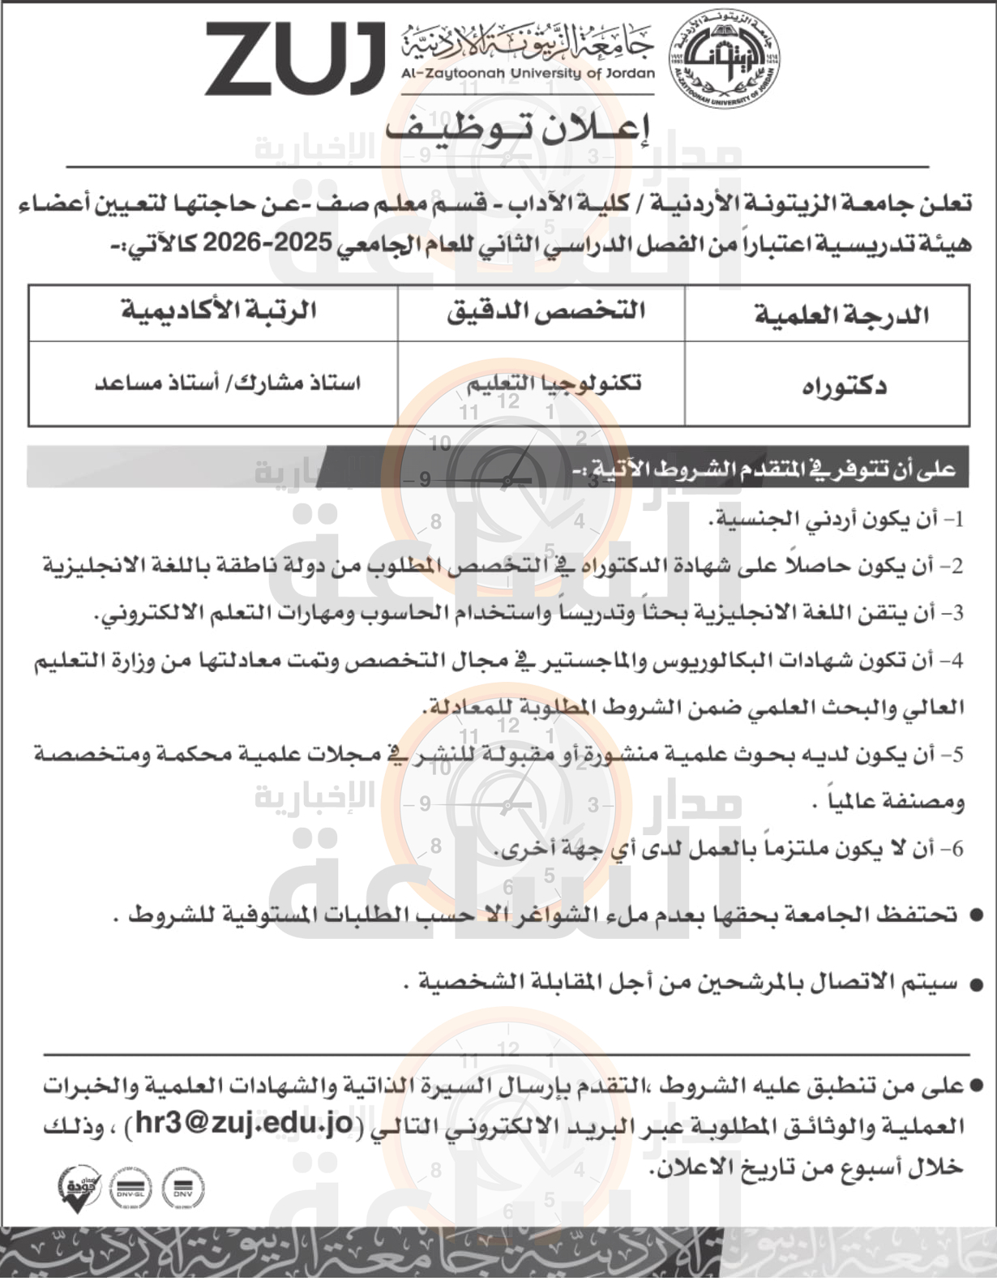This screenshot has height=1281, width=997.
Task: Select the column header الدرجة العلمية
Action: tap(841, 314)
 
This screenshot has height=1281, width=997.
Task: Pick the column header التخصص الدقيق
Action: tap(546, 312)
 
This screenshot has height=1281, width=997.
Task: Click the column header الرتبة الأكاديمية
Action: tap(218, 311)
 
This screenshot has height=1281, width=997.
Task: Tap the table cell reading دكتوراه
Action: tap(844, 386)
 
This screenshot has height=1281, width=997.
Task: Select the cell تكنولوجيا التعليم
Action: tap(554, 383)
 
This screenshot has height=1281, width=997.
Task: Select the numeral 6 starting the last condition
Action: tap(957, 849)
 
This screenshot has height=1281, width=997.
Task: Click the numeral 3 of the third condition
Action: tap(958, 614)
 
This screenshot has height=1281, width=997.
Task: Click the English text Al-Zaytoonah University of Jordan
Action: tap(527, 73)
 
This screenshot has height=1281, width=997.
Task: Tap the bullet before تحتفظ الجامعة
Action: tap(976, 915)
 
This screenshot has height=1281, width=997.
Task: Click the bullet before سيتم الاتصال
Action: tap(976, 985)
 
